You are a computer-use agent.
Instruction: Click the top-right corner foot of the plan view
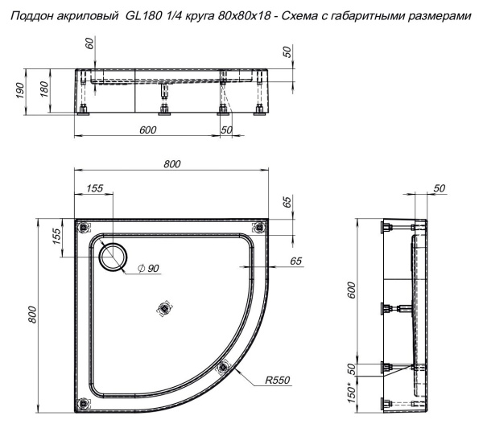(257, 226)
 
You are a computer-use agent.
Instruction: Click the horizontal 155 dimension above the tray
(94, 189)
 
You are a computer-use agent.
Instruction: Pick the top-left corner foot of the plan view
(80, 226)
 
